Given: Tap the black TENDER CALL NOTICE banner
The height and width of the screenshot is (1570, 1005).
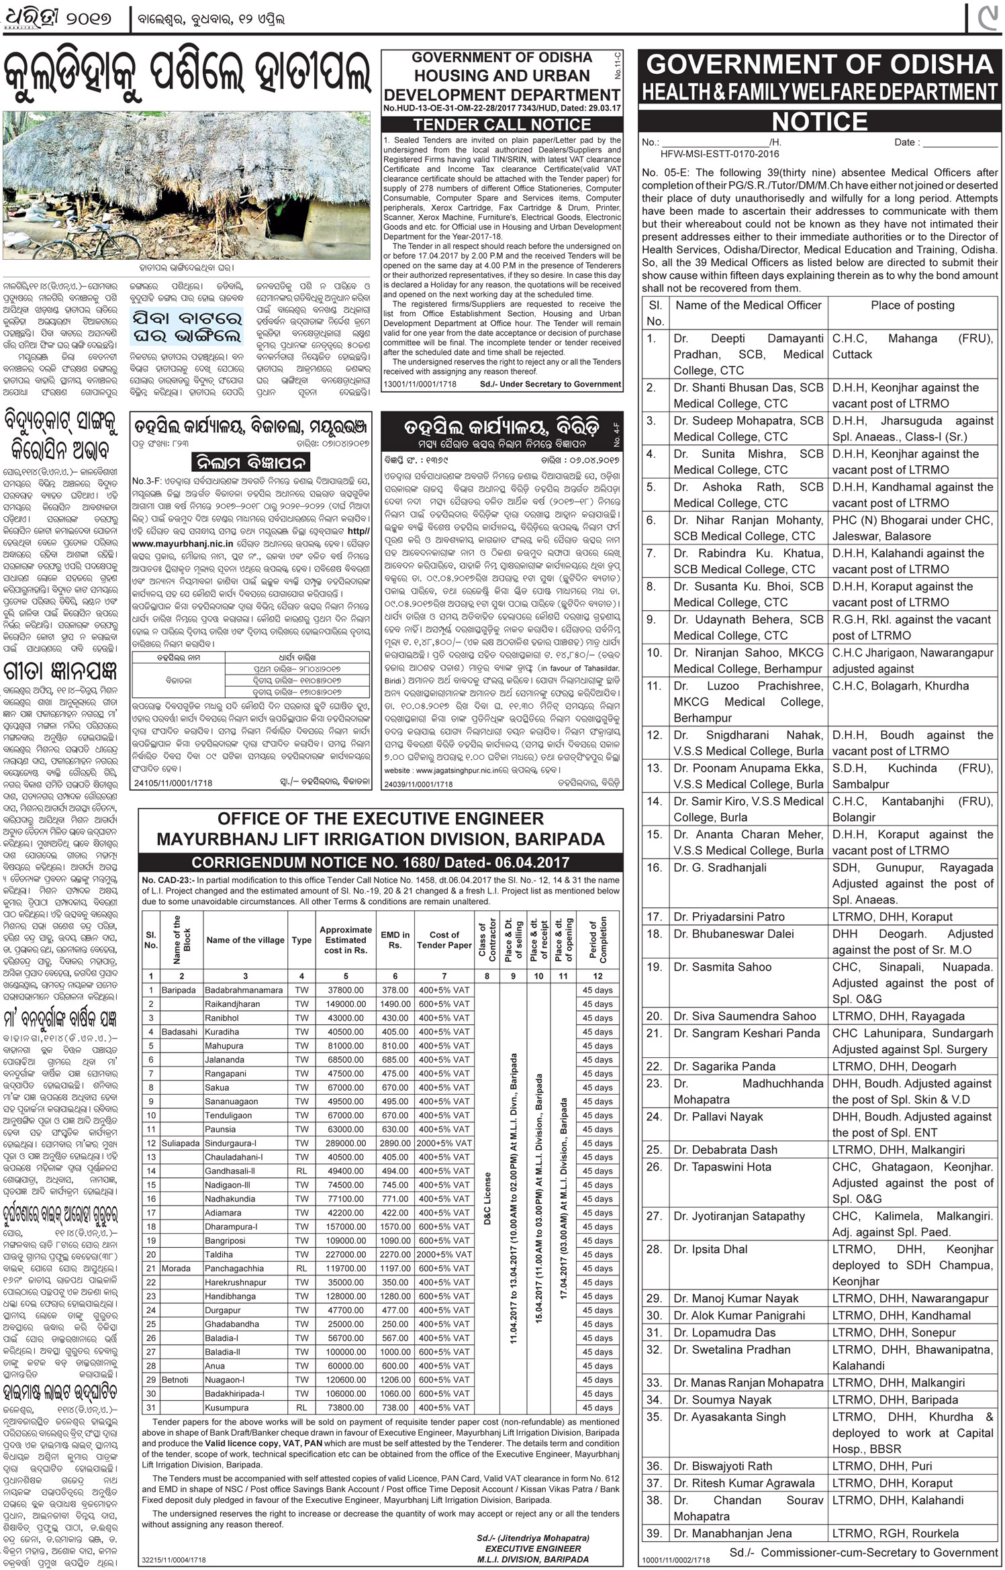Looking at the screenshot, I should [501, 124].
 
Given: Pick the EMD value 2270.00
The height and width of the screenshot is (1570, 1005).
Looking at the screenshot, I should [395, 1255].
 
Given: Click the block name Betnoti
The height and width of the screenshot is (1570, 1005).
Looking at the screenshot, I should [175, 1379].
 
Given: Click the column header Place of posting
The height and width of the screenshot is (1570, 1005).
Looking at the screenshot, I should [912, 305].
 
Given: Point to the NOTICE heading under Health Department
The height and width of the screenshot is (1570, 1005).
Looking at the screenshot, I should [820, 121].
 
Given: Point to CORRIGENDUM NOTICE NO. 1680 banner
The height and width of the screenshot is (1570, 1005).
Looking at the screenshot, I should [380, 863].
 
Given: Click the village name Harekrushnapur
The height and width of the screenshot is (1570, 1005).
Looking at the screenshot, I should [235, 1282].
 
